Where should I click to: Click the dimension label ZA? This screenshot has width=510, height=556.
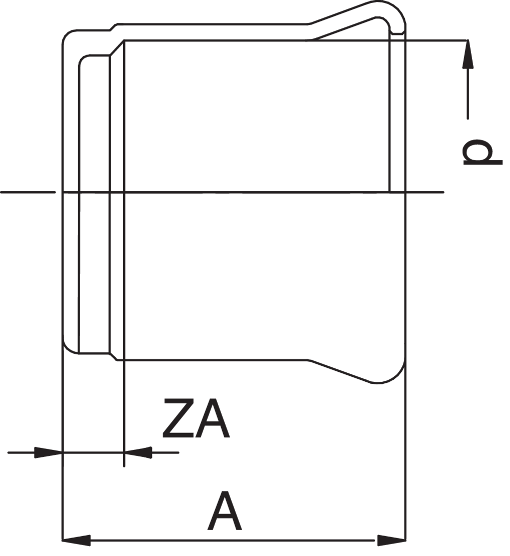[x=196, y=418]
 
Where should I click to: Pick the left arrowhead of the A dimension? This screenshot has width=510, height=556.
[x=76, y=540]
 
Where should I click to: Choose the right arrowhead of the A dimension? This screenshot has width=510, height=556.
[x=391, y=540]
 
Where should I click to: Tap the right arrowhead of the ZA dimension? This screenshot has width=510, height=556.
[x=138, y=452]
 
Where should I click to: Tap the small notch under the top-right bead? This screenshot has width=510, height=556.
[x=397, y=33]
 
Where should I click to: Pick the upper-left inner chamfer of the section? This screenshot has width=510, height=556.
[x=117, y=48]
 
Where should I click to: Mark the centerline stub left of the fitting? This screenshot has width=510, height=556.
[x=27, y=192]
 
